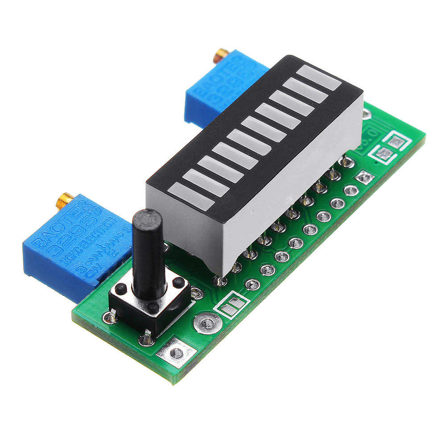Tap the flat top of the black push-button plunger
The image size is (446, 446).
(x=147, y=217)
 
